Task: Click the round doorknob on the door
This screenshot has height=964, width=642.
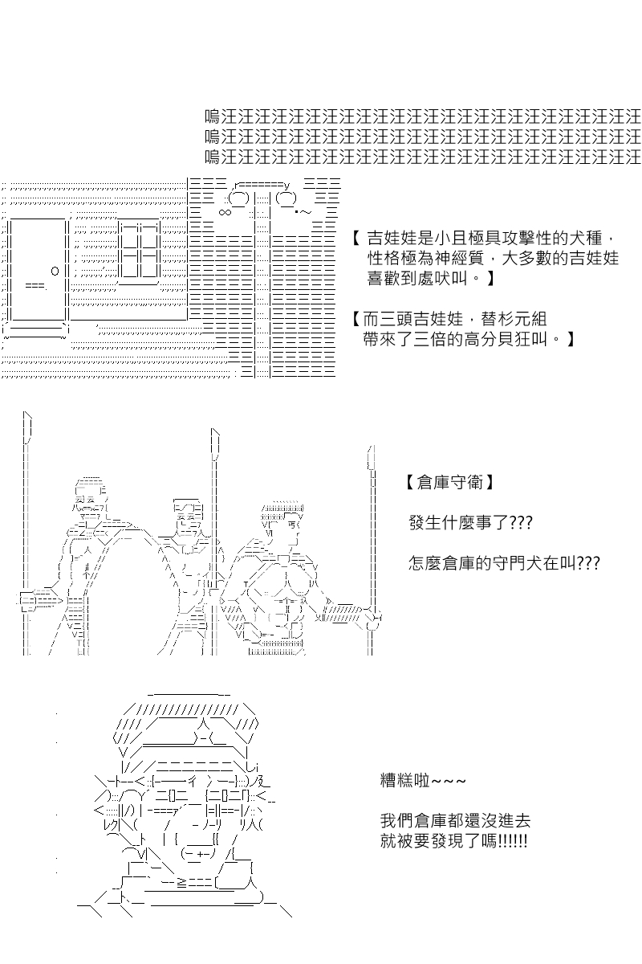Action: click(x=55, y=272)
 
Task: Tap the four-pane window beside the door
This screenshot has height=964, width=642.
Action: click(x=140, y=251)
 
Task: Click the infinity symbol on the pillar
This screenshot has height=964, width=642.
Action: click(x=225, y=212)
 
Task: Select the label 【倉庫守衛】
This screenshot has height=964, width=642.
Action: click(x=449, y=483)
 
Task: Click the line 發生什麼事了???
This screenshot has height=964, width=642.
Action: click(x=470, y=523)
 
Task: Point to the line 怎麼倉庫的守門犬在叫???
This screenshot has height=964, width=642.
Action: click(x=504, y=563)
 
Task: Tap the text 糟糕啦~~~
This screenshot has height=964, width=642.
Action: click(x=423, y=780)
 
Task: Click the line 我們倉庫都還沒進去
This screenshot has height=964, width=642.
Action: click(x=455, y=821)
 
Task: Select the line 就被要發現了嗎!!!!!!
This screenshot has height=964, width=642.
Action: click(x=453, y=841)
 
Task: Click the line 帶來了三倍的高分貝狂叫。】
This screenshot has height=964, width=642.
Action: click(x=469, y=340)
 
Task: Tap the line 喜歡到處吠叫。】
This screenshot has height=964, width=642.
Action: click(x=431, y=279)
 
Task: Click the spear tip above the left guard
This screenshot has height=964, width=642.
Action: click(x=27, y=427)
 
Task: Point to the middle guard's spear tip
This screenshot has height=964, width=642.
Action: click(x=215, y=443)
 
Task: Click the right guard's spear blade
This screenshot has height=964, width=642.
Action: click(x=371, y=457)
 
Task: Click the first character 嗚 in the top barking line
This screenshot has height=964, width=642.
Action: click(x=213, y=116)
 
